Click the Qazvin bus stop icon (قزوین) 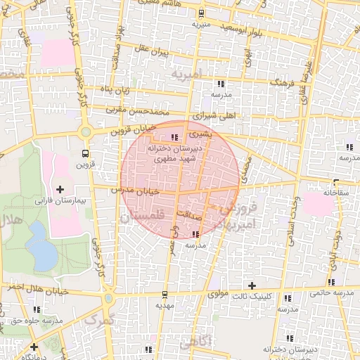85,153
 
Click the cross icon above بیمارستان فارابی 60,189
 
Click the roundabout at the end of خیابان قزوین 86,131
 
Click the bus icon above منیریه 201,13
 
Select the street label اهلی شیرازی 212,112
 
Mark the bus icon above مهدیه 165,294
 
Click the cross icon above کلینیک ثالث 252,285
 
